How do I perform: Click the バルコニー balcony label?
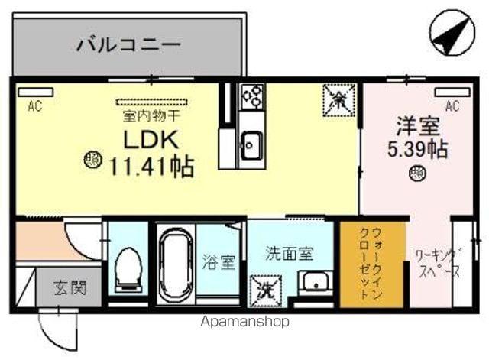(x=128, y=44)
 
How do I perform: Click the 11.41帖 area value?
(x=151, y=164)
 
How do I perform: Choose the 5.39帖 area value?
(x=417, y=148)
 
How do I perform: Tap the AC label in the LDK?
(x=34, y=107)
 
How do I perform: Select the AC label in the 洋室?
(x=452, y=107)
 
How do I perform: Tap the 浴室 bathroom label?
(x=219, y=263)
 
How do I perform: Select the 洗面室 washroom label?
(x=288, y=252)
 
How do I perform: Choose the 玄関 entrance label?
(x=70, y=288)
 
